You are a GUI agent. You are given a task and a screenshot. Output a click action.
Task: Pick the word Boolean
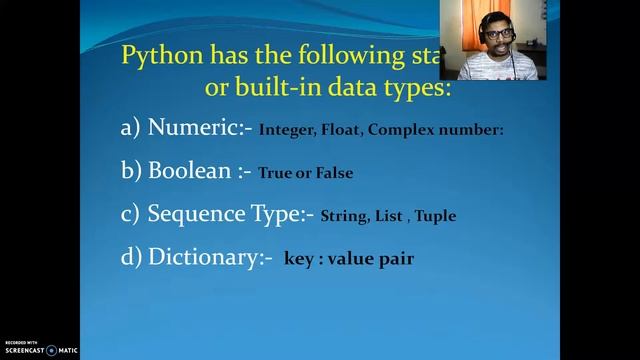(186, 170)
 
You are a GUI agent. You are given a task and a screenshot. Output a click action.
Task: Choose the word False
(333, 172)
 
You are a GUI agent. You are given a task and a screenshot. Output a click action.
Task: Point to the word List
(393, 215)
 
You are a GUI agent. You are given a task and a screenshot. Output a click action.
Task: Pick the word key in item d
(299, 259)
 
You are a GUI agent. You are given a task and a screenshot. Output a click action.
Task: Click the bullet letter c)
(130, 213)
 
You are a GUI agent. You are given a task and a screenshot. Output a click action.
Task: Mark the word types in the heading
(419, 87)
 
